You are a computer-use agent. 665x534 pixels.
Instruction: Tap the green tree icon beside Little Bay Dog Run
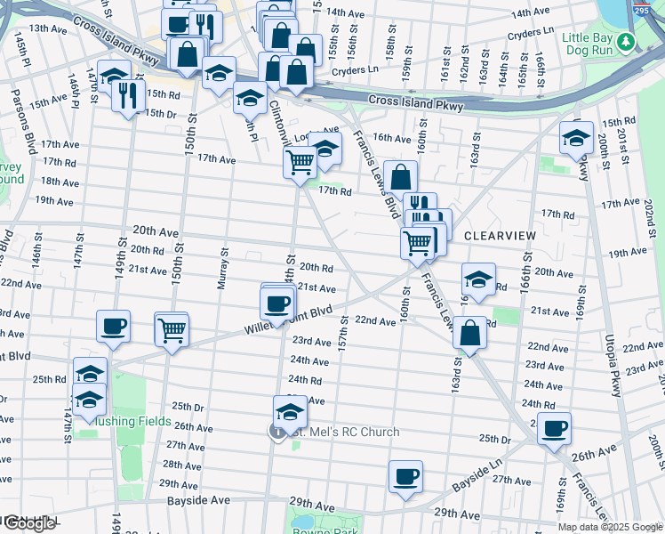click(626, 41)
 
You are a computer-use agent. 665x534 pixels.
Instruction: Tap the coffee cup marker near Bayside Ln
click(406, 476)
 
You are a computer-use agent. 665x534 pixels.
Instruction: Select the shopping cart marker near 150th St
click(172, 329)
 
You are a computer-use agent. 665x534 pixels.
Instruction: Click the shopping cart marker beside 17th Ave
click(300, 162)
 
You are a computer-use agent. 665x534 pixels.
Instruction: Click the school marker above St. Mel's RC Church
click(290, 412)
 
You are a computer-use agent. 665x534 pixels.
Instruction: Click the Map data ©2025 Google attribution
click(610, 527)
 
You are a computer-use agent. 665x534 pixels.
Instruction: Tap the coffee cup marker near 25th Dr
click(555, 429)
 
